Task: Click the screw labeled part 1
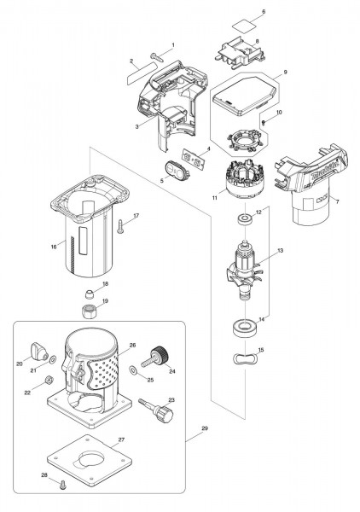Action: click(x=157, y=57)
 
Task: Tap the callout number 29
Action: click(x=205, y=428)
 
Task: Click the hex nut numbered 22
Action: click(x=48, y=380)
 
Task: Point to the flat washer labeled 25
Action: click(x=133, y=369)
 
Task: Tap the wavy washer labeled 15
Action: click(x=245, y=358)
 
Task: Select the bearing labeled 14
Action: click(x=246, y=328)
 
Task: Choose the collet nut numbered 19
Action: click(x=89, y=310)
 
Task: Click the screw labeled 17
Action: click(x=120, y=226)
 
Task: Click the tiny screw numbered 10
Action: click(x=264, y=122)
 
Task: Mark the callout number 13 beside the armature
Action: click(x=281, y=250)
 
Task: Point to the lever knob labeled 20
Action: click(x=39, y=352)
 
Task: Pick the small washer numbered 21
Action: click(x=52, y=359)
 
